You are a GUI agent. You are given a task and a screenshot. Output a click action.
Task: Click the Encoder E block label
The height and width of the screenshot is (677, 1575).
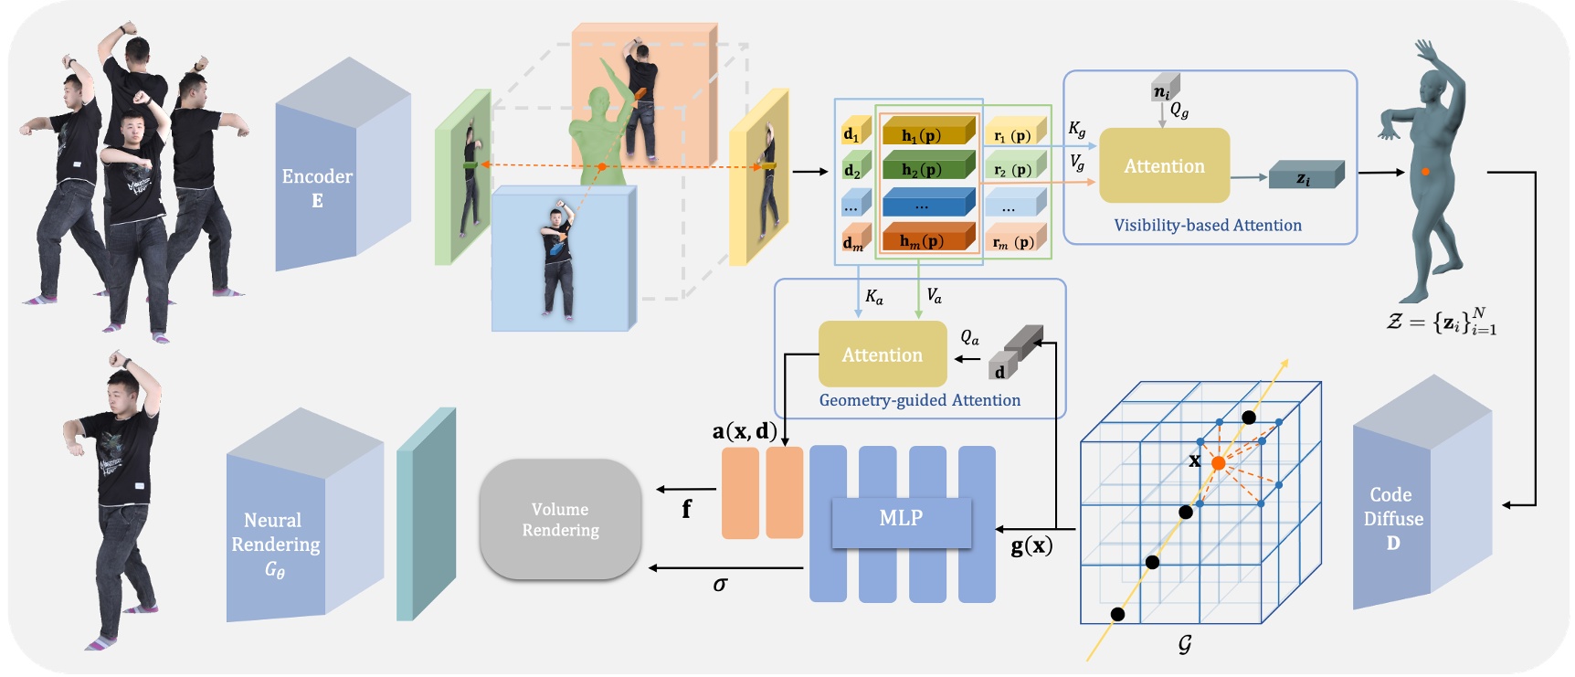click(x=316, y=187)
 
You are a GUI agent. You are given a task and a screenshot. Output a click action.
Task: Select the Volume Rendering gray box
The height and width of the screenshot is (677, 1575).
click(x=560, y=519)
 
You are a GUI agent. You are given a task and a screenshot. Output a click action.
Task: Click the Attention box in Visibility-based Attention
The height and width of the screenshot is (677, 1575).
click(x=1164, y=166)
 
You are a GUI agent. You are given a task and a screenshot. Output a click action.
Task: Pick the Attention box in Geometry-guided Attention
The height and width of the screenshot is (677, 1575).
click(x=882, y=354)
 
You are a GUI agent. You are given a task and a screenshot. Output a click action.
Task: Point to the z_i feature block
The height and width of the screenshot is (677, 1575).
click(x=1305, y=177)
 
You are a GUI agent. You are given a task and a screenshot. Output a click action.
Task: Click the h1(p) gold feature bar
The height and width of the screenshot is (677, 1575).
click(x=925, y=134)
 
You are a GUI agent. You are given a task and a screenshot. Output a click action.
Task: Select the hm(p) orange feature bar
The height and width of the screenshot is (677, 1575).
click(x=925, y=240)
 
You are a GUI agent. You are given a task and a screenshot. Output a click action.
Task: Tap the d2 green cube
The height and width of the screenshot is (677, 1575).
click(x=854, y=169)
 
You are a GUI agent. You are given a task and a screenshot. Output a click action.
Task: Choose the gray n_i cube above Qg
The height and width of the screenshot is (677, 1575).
click(x=1163, y=90)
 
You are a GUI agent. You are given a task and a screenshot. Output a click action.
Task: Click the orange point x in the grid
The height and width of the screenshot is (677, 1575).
click(x=1218, y=463)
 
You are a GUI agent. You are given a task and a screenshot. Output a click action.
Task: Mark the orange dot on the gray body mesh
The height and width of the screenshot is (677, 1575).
click(x=1425, y=171)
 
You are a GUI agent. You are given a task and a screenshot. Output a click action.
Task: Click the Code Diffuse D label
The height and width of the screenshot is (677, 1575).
click(x=1392, y=518)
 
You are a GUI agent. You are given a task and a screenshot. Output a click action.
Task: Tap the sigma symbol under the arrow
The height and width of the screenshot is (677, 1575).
click(x=720, y=585)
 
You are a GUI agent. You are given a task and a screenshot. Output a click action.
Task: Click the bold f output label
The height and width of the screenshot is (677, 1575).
click(x=686, y=509)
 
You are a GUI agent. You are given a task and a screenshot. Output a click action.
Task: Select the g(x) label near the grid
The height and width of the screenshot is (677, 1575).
click(x=1031, y=546)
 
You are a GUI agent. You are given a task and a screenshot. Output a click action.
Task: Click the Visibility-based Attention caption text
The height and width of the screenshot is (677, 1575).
click(x=1207, y=226)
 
